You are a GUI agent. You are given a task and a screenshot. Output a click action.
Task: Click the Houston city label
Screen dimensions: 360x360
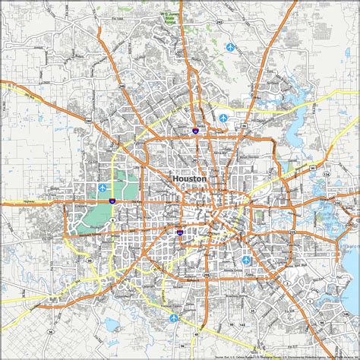click(189, 178)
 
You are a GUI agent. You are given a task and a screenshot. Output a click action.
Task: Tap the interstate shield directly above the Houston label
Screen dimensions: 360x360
click(195, 131)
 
